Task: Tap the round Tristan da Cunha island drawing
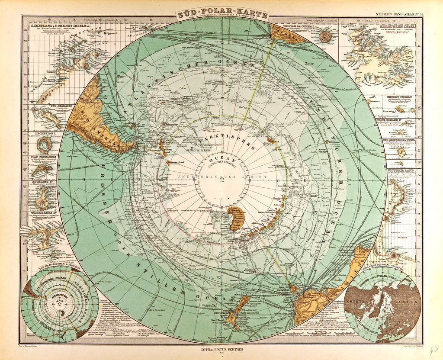click(325, 36)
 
